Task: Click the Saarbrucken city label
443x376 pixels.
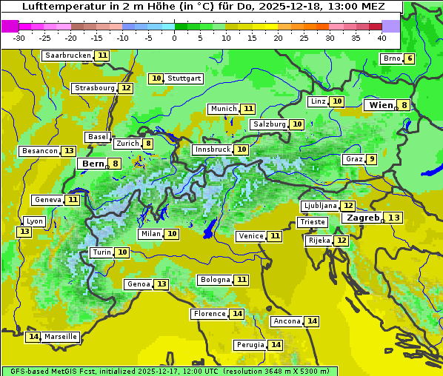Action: click(x=67, y=56)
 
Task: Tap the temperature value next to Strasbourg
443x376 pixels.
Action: click(x=126, y=88)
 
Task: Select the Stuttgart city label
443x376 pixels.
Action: click(x=184, y=78)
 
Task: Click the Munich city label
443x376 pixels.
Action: click(x=223, y=109)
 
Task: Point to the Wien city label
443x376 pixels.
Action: click(x=381, y=105)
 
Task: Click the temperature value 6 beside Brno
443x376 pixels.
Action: click(x=409, y=59)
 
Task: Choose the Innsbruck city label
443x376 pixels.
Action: click(x=212, y=150)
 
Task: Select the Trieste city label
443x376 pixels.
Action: click(x=312, y=222)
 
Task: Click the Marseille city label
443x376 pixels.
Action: click(x=61, y=337)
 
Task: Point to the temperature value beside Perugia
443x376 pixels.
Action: click(x=276, y=345)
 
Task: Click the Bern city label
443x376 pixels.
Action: click(x=93, y=164)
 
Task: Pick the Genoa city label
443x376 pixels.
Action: click(x=139, y=284)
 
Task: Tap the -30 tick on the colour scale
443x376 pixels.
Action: click(x=19, y=37)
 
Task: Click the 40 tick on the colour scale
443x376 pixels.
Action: click(x=382, y=37)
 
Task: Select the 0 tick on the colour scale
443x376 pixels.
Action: click(x=174, y=37)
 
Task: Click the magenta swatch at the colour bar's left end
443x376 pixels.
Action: click(x=10, y=26)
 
